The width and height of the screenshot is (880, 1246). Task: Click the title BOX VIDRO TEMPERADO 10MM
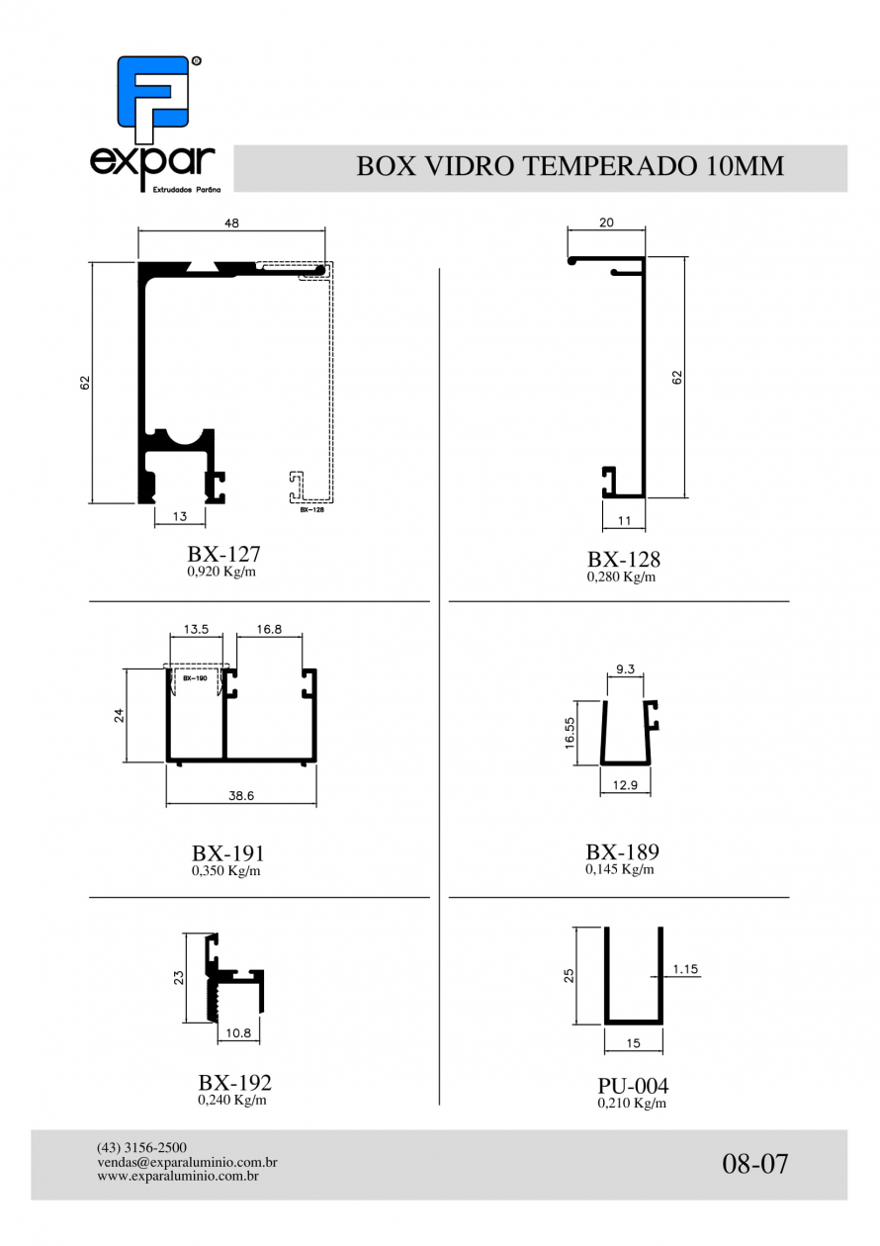(x=570, y=166)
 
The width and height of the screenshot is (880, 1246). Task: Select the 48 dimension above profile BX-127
(x=231, y=222)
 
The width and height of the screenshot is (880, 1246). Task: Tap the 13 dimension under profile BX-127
(x=180, y=516)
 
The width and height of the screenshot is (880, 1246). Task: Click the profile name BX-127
(x=223, y=554)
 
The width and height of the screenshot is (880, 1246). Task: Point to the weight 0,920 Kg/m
(x=221, y=572)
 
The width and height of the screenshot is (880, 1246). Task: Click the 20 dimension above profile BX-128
(x=606, y=222)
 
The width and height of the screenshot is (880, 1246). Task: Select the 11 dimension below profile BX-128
(x=624, y=520)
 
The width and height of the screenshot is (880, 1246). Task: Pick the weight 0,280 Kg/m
(x=621, y=577)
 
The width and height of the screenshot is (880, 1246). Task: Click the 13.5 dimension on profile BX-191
(x=196, y=629)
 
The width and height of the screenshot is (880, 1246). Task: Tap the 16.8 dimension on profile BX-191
(x=269, y=629)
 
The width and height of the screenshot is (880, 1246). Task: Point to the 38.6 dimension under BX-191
(x=241, y=796)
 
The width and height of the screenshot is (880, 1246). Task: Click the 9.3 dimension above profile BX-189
(x=625, y=669)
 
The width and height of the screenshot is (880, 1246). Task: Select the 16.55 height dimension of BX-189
(x=570, y=733)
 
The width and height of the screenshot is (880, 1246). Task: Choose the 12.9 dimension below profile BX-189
(x=625, y=785)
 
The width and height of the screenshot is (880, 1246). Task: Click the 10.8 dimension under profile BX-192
(x=238, y=1033)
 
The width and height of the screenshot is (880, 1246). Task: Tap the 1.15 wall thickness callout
(x=685, y=969)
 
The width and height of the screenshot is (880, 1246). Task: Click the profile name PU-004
(x=633, y=1085)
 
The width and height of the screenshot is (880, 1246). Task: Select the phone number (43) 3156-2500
(x=141, y=1147)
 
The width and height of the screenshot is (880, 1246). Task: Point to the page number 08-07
(x=754, y=1163)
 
